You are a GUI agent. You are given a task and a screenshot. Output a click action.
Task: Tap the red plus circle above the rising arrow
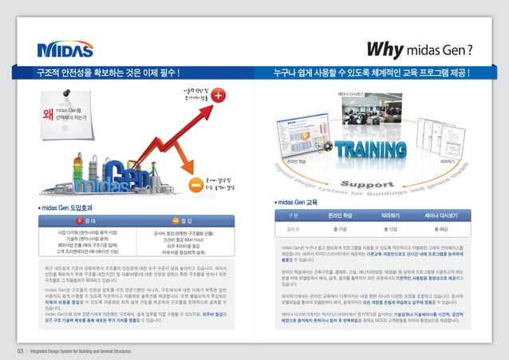point(219,96)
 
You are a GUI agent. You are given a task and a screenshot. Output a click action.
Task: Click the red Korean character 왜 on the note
point(48,113)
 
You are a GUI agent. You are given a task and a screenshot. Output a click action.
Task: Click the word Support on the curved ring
point(376,186)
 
